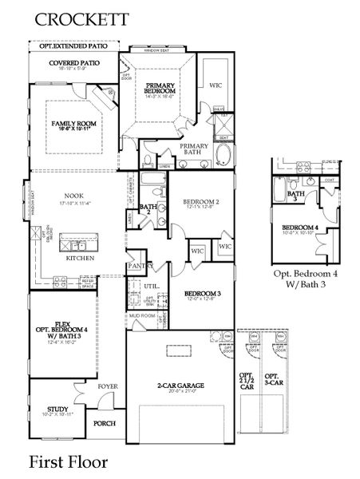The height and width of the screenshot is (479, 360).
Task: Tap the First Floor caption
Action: point(69,461)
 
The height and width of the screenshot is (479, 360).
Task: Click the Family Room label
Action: point(73,124)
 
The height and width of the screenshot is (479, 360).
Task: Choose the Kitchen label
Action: point(81,259)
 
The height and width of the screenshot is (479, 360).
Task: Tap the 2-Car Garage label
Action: point(180,386)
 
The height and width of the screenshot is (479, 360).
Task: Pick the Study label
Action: point(57,409)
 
